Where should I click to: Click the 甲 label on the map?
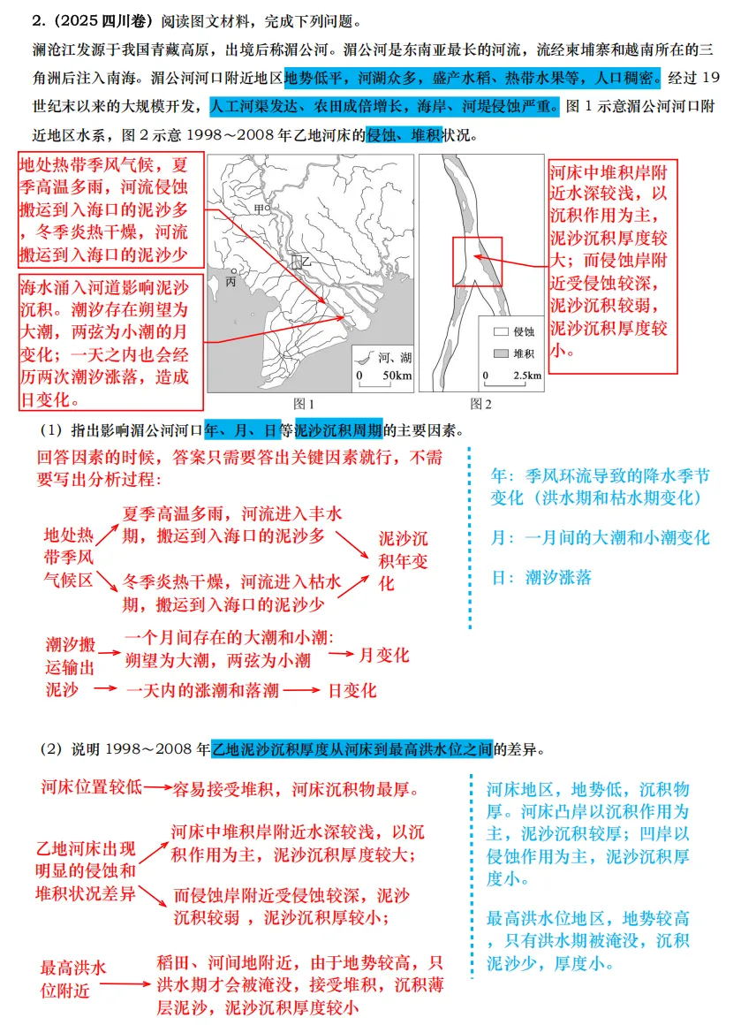[x=259, y=209]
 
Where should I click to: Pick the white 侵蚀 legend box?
[x=500, y=332]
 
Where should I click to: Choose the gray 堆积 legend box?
[x=500, y=353]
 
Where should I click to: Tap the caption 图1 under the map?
[x=304, y=404]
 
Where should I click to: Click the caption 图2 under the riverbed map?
[x=481, y=404]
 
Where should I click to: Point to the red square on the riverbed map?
[x=477, y=262]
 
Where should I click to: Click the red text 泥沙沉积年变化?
[x=404, y=561]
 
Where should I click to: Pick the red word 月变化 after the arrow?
[x=383, y=656]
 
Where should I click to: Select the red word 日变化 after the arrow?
[x=352, y=690]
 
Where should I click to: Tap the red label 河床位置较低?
[x=91, y=786]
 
